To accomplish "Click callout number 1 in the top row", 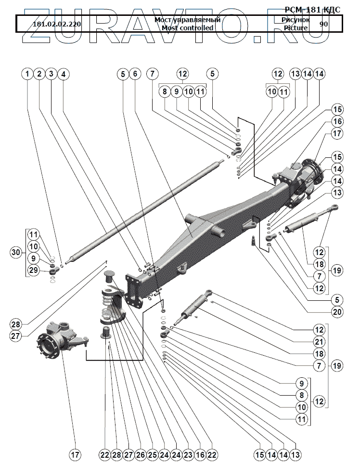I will pyautogui.click(x=28, y=74).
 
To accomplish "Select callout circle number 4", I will pyautogui.click(x=63, y=74).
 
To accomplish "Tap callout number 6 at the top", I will pyautogui.click(x=135, y=74).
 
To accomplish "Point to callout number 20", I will pyautogui.click(x=337, y=311).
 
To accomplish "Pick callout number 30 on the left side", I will pyautogui.click(x=16, y=252).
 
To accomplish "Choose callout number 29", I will pyautogui.click(x=33, y=271).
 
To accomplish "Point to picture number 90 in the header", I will pyautogui.click(x=323, y=24).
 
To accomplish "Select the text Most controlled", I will pyautogui.click(x=187, y=28).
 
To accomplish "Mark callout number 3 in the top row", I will pyautogui.click(x=51, y=74).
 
